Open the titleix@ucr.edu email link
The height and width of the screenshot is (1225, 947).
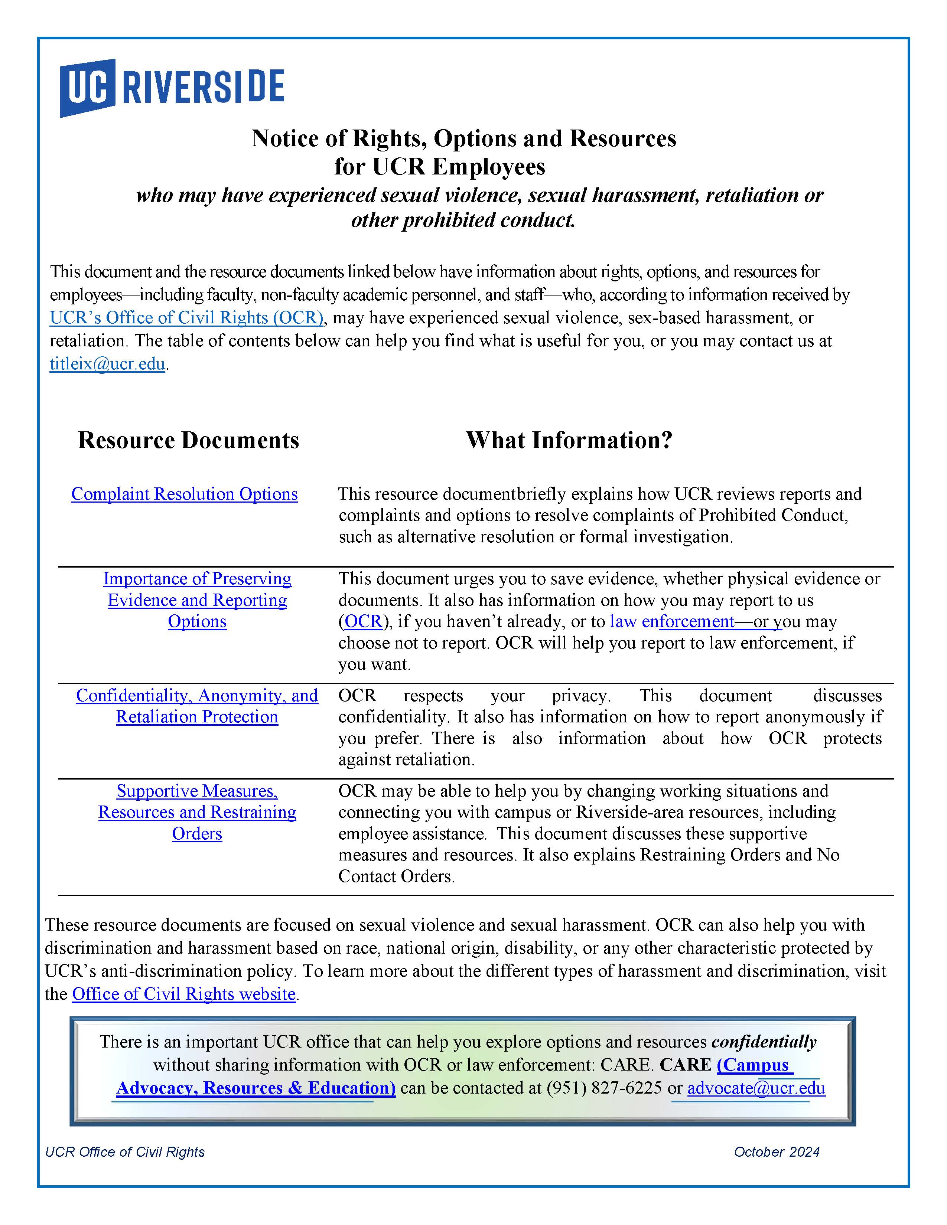point(107,364)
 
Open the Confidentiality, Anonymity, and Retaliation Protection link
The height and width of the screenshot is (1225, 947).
point(197,706)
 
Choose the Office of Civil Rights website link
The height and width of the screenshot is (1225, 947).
point(183,994)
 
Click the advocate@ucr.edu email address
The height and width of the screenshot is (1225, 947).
point(756,1088)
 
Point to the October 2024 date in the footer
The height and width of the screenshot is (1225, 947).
point(777,1151)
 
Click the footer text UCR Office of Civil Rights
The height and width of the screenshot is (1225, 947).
point(125,1151)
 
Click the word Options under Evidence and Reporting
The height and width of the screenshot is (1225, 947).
point(197,621)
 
